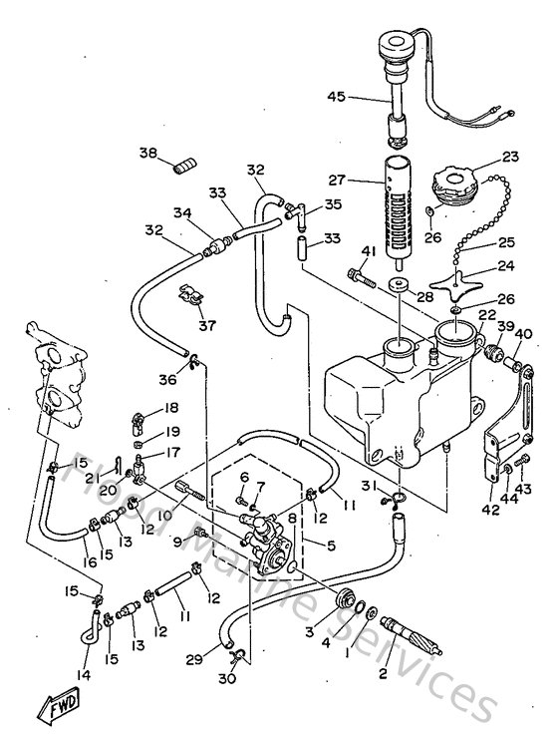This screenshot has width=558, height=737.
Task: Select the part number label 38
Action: pyautogui.click(x=148, y=154)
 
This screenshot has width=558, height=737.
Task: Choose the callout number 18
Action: pyautogui.click(x=171, y=407)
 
